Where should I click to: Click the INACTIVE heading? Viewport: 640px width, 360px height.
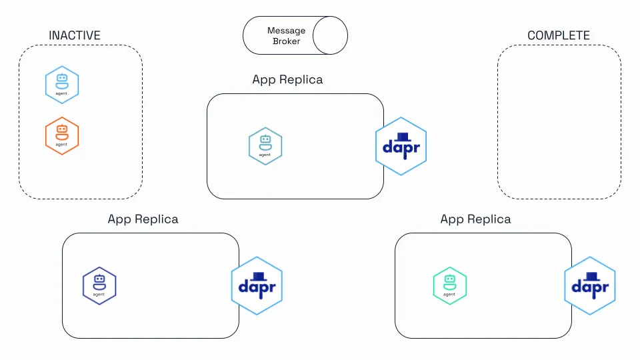coord(75,35)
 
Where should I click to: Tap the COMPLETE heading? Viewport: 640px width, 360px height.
coord(559,35)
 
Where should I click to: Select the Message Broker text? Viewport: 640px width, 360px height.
coord(286,36)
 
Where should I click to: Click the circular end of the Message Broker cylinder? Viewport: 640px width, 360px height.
coord(330,35)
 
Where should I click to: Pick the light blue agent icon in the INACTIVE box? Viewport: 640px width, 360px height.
coord(62,85)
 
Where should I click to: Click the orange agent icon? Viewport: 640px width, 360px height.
coord(62,136)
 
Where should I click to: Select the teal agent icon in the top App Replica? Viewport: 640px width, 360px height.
coord(265,146)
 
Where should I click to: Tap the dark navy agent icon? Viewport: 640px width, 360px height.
coord(99,286)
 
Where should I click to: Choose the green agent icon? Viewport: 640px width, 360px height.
coord(450,286)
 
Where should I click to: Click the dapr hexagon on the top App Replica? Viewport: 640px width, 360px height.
coord(401,147)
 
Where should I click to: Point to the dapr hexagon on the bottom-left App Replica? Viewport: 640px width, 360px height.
coord(257,286)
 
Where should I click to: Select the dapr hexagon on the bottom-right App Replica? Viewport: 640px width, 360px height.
coord(590,286)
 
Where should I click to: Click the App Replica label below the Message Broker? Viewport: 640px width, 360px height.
coord(287,79)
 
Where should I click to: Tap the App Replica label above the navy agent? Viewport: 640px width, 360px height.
coord(143,219)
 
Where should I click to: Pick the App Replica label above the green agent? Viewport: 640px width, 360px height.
coord(475,219)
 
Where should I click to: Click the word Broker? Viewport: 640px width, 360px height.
coord(286,41)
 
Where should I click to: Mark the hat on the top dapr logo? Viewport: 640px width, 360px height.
coord(403,137)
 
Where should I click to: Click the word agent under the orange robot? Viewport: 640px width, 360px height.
coord(61,145)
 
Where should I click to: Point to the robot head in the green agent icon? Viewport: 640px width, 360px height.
coord(450,279)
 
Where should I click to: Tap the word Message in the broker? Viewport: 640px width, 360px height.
coord(286,31)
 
